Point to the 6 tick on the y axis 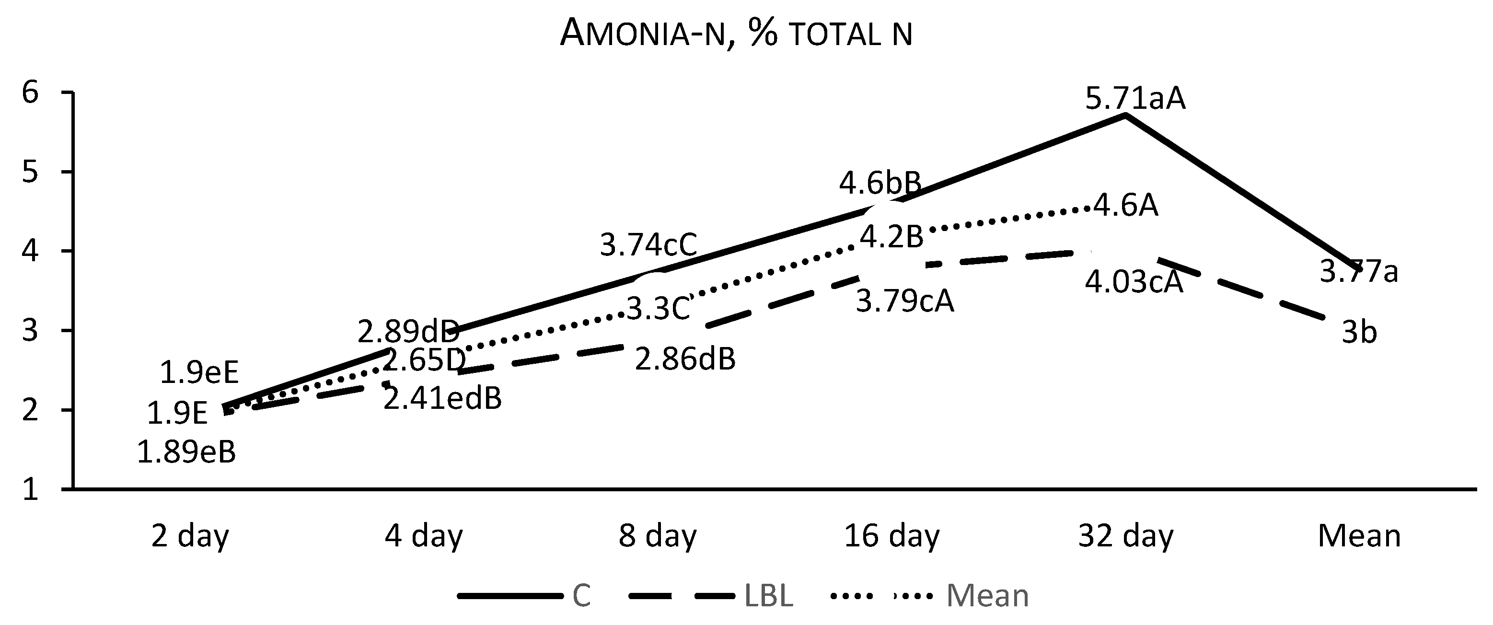[31, 93]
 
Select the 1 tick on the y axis [31, 490]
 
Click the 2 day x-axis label [190, 536]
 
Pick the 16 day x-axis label [891, 536]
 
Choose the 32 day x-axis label [1125, 536]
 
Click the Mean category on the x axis [1359, 536]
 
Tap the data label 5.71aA [1135, 99]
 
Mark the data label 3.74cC [648, 245]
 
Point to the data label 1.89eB [186, 453]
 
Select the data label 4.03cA [1133, 283]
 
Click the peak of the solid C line [1125, 115]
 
